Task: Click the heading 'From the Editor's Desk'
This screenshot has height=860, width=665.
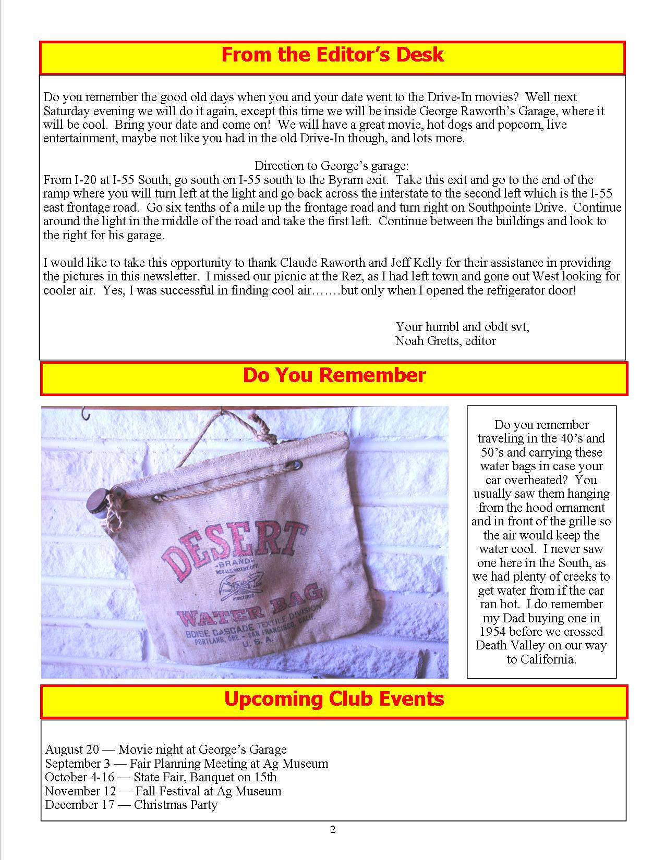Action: [x=332, y=55]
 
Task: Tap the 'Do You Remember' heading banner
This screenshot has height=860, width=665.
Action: [x=334, y=375]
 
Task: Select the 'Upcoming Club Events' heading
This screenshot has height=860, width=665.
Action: [x=334, y=698]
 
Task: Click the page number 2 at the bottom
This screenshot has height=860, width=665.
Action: [x=333, y=830]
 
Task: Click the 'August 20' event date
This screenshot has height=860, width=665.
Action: [x=71, y=750]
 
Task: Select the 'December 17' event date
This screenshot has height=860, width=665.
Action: [x=78, y=805]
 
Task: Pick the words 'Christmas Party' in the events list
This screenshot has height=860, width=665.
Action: [x=175, y=805]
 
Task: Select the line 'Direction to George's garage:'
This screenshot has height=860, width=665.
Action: [x=332, y=166]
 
